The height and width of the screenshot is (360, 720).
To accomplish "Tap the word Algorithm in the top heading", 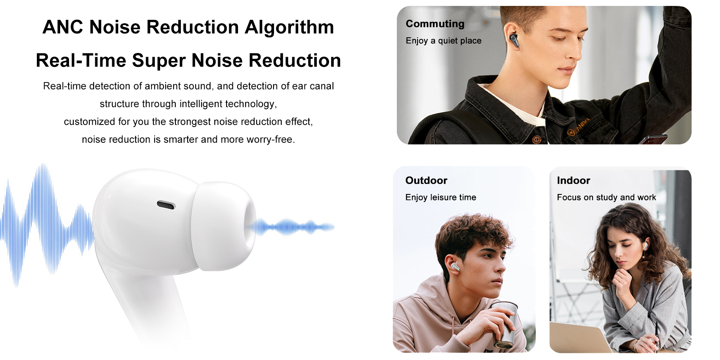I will click(289, 27).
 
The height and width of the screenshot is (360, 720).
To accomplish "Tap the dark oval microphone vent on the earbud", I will click(166, 205).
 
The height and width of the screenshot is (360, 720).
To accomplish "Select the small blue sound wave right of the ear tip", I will click(292, 227).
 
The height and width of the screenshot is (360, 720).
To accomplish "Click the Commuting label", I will click(435, 24).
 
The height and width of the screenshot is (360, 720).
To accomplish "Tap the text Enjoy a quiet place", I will click(443, 41).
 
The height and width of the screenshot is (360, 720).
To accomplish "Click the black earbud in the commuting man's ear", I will click(515, 41).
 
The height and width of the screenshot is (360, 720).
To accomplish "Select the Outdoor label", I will click(426, 180).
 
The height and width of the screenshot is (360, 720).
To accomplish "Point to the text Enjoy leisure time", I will click(440, 197).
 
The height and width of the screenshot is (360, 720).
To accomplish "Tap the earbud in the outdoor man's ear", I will click(455, 267).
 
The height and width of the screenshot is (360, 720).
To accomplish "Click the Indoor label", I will click(573, 180).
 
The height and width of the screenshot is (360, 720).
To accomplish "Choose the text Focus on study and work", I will click(606, 197).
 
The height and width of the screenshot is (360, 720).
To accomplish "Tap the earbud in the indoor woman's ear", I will click(645, 246).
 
